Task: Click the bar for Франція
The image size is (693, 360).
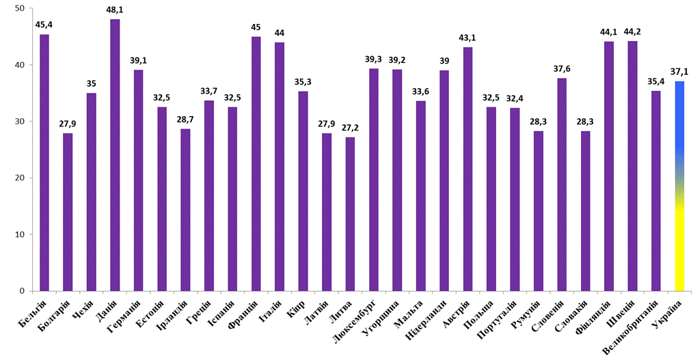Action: coord(256,164)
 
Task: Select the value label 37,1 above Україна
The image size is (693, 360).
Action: coord(679,72)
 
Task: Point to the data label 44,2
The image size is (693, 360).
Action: coord(632,33)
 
